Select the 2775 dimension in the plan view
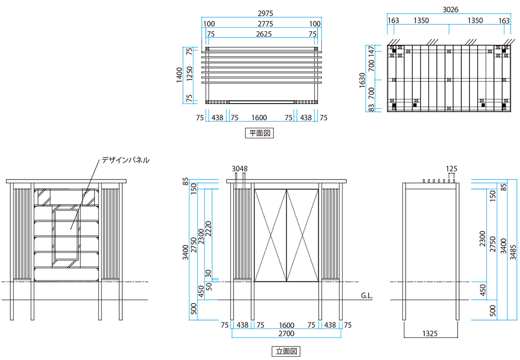pos(262,24)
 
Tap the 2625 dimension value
pos(262,34)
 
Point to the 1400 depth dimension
pos(180,75)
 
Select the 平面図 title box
pos(258,133)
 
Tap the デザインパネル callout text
pos(125,160)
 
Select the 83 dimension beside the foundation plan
pos(372,108)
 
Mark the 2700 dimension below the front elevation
pos(287,333)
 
